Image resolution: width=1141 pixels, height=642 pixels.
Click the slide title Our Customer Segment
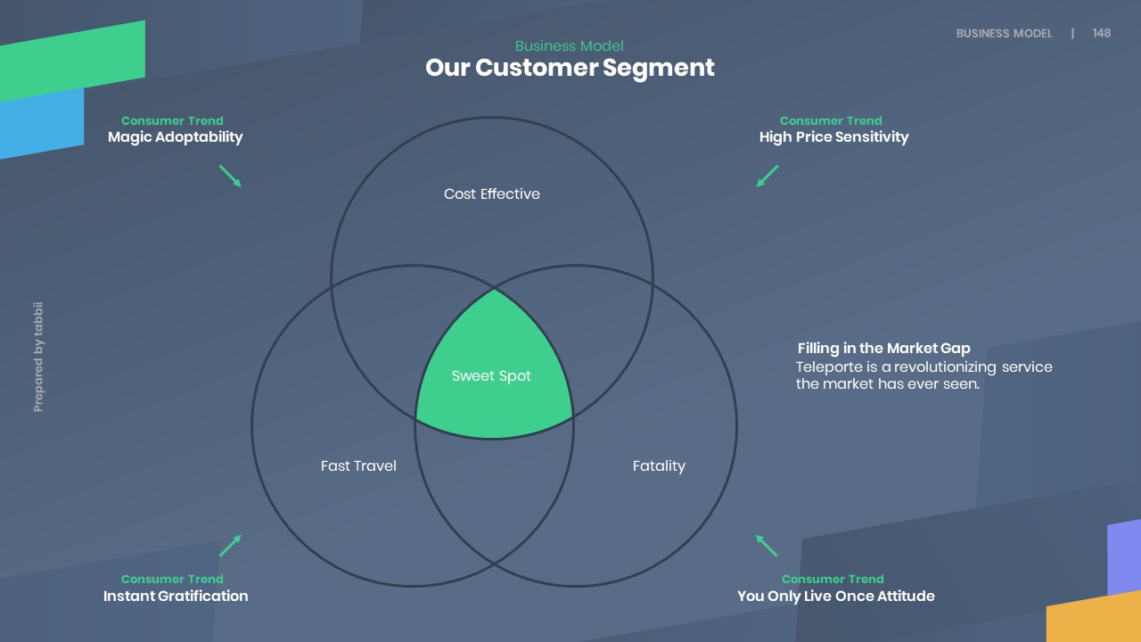570,68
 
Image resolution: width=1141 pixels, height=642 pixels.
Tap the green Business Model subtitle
569,46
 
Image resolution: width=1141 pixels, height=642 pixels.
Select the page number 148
1102,33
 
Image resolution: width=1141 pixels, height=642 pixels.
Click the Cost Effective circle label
491,194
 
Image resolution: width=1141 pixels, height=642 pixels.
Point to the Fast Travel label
358,466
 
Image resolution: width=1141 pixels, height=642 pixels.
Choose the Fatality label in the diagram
659,466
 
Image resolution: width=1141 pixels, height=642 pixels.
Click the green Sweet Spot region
492,376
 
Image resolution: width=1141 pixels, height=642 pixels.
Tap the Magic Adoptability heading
175,137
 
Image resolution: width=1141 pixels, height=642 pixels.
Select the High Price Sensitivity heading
833,137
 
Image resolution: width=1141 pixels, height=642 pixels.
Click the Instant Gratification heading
176,597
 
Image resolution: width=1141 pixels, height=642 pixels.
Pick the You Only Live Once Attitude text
835,597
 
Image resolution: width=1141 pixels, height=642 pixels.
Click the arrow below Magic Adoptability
230,176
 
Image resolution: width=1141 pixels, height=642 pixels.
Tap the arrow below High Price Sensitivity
768,176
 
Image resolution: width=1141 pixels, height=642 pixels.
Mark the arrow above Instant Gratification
230,546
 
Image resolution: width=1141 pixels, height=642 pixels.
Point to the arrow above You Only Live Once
767,546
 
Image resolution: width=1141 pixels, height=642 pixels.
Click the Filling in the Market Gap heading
883,349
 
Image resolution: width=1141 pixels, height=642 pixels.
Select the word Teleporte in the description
826,367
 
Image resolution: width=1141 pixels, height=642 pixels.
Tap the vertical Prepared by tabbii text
38,358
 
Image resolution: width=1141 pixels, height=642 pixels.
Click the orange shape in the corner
1096,619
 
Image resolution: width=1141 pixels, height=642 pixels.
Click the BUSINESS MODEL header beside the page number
1004,33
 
